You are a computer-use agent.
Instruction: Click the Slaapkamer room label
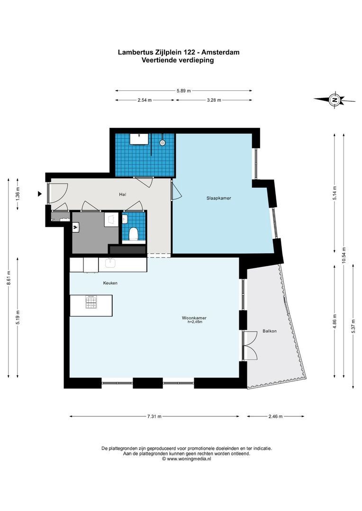pos(218,198)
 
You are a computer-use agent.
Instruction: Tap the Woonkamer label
pos(194,318)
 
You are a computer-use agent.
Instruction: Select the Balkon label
pos(270,331)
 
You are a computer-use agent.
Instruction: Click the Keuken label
pos(110,283)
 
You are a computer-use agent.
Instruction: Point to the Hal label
pos(122,194)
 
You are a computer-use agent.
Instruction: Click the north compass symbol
pos(334,100)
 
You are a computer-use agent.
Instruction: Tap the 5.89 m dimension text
pos(183,91)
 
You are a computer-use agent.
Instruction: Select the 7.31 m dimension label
pos(154,416)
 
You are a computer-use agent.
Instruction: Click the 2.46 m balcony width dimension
pos(275,416)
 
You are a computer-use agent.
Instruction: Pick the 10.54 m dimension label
pos(344,256)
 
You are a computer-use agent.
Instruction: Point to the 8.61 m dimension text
pos(9,278)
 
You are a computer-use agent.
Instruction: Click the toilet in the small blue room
pos(134,234)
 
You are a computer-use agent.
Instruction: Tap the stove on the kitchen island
pos(91,302)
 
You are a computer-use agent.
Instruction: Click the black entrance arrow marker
pos(40,194)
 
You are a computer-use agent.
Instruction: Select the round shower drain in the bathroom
pos(162,142)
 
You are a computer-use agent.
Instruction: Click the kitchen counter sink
pos(110,263)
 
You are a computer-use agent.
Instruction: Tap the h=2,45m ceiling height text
pos(195,322)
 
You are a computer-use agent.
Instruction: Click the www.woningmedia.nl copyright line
pos(186,459)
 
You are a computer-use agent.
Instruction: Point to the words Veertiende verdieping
pos(178,60)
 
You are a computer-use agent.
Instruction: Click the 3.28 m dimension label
pos(214,100)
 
